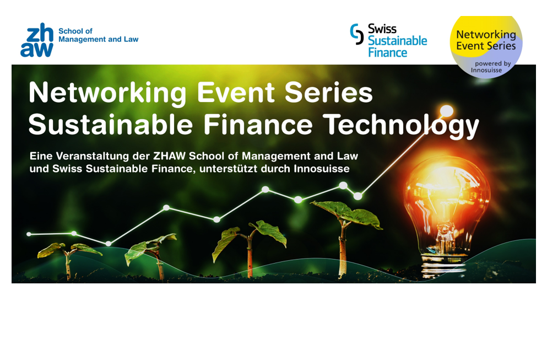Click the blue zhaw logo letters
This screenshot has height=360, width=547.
pos(37,40)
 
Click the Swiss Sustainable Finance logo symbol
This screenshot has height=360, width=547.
pos(357,34)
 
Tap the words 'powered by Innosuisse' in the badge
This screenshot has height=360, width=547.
pos(491,67)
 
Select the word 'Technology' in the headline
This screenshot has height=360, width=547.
pos(401,125)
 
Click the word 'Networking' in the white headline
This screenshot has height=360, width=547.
pos(107,93)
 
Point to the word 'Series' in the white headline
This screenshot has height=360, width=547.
pos(329,93)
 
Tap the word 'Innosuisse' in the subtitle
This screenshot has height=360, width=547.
pos(321,169)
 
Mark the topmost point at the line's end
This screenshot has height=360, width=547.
pos(447,111)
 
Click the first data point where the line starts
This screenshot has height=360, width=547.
pos(29,234)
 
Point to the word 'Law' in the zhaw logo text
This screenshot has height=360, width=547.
pos(131,39)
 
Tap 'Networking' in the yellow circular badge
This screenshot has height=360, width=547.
pos(486,35)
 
